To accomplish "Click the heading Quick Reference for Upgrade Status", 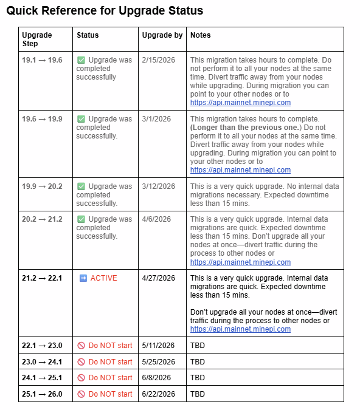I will pyautogui.click(x=105, y=11).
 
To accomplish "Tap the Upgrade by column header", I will pyautogui.click(x=162, y=35).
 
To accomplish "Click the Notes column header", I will pyautogui.click(x=200, y=35).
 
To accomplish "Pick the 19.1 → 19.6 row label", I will pyautogui.click(x=41, y=60).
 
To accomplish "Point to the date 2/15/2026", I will pyautogui.click(x=157, y=60).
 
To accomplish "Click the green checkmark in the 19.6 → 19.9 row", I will pyautogui.click(x=81, y=119).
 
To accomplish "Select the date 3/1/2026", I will pyautogui.click(x=154, y=119).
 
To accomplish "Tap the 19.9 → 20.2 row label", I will pyautogui.click(x=41, y=186).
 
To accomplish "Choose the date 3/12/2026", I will pyautogui.click(x=157, y=186).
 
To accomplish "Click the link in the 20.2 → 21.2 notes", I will pyautogui.click(x=240, y=262).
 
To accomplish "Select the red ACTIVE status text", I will pyautogui.click(x=103, y=278).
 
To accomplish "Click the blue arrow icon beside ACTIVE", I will pyautogui.click(x=83, y=278).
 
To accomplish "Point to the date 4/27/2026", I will pyautogui.click(x=158, y=278).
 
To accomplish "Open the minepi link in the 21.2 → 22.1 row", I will pyautogui.click(x=240, y=329).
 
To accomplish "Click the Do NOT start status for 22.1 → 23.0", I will pyautogui.click(x=110, y=346).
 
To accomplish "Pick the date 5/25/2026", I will pyautogui.click(x=158, y=361).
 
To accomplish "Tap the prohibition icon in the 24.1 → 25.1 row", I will pyautogui.click(x=81, y=378).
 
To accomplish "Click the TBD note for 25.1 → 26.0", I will pyautogui.click(x=198, y=394).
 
